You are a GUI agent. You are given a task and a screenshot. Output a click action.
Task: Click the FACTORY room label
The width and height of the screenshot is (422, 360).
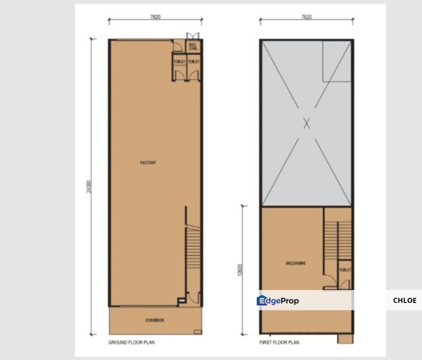tap(148, 162)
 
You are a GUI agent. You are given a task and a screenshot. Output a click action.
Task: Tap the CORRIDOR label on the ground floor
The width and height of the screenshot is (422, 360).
tap(155, 320)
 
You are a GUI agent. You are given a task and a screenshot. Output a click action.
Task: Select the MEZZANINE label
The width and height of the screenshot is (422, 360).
tap(296, 263)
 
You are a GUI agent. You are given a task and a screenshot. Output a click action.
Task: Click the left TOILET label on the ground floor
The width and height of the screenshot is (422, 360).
tap(179, 61)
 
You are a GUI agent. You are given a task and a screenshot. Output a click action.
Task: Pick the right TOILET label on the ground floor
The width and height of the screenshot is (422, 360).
tap(193, 61)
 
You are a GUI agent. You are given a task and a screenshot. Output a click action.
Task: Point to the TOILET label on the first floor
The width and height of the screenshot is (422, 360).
tap(345, 269)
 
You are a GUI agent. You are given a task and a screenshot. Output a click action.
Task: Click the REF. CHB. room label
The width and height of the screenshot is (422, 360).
tap(193, 47)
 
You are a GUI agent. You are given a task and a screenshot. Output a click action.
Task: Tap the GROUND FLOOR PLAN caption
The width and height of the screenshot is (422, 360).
tap(131, 342)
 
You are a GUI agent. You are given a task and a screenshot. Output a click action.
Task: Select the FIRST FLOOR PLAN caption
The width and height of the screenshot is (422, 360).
tap(279, 342)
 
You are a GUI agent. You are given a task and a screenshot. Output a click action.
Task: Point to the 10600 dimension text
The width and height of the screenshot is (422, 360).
tap(240, 270)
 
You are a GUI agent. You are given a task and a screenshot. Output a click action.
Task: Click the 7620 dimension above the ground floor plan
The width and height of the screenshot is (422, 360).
tap(155, 17)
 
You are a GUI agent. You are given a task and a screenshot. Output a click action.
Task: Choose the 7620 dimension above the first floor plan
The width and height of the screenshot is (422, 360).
tap(306, 17)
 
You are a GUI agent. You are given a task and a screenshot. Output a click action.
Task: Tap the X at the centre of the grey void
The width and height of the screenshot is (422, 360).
tap(306, 123)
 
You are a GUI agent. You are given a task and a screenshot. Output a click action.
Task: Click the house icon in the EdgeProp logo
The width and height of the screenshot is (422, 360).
tap(261, 300)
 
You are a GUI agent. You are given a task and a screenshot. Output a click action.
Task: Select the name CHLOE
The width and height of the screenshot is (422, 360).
tap(404, 300)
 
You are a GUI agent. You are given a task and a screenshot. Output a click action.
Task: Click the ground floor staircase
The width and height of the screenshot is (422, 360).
tap(193, 250)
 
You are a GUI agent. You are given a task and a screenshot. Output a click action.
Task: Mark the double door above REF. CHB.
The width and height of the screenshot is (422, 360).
tap(192, 36)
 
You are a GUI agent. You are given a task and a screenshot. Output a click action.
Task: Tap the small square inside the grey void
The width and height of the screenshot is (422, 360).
tap(336, 61)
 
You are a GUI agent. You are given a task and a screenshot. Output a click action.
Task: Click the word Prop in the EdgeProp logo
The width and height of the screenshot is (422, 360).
tap(289, 301)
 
